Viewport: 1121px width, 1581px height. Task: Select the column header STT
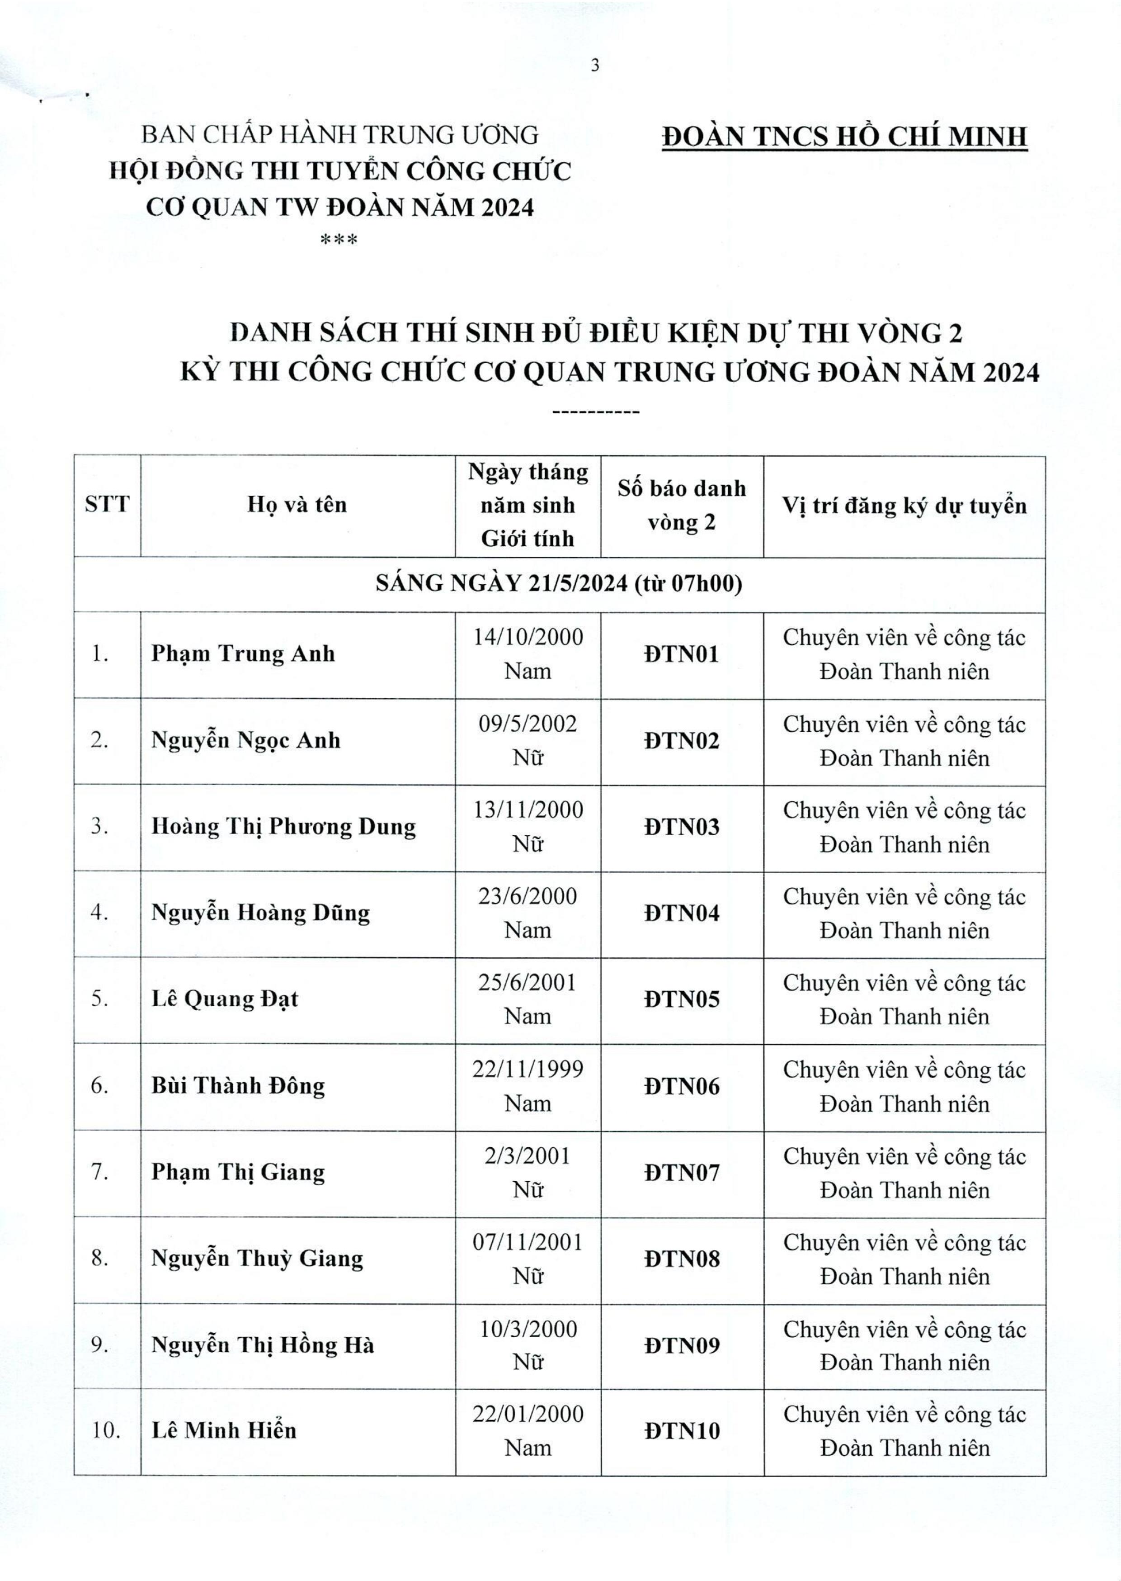pos(107,505)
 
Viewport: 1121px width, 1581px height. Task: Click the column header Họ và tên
pos(297,505)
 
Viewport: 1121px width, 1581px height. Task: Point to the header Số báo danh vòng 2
pos(681,505)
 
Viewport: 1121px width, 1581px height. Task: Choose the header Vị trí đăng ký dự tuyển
pos(904,505)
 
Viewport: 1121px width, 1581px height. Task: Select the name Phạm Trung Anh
pos(243,653)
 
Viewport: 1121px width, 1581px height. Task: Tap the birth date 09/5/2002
pos(528,724)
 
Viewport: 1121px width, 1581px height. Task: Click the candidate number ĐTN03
pos(681,826)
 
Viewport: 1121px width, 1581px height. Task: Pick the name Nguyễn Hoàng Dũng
pos(260,913)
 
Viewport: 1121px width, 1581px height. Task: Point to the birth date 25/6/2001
pos(528,982)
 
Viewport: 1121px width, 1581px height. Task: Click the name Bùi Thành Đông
pos(238,1085)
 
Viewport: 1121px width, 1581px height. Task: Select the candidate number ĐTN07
pos(681,1172)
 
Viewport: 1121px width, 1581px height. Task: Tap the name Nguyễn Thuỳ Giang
pos(257,1259)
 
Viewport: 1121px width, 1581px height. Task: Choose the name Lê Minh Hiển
pos(224,1430)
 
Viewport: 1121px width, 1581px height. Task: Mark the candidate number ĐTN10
pos(681,1430)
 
